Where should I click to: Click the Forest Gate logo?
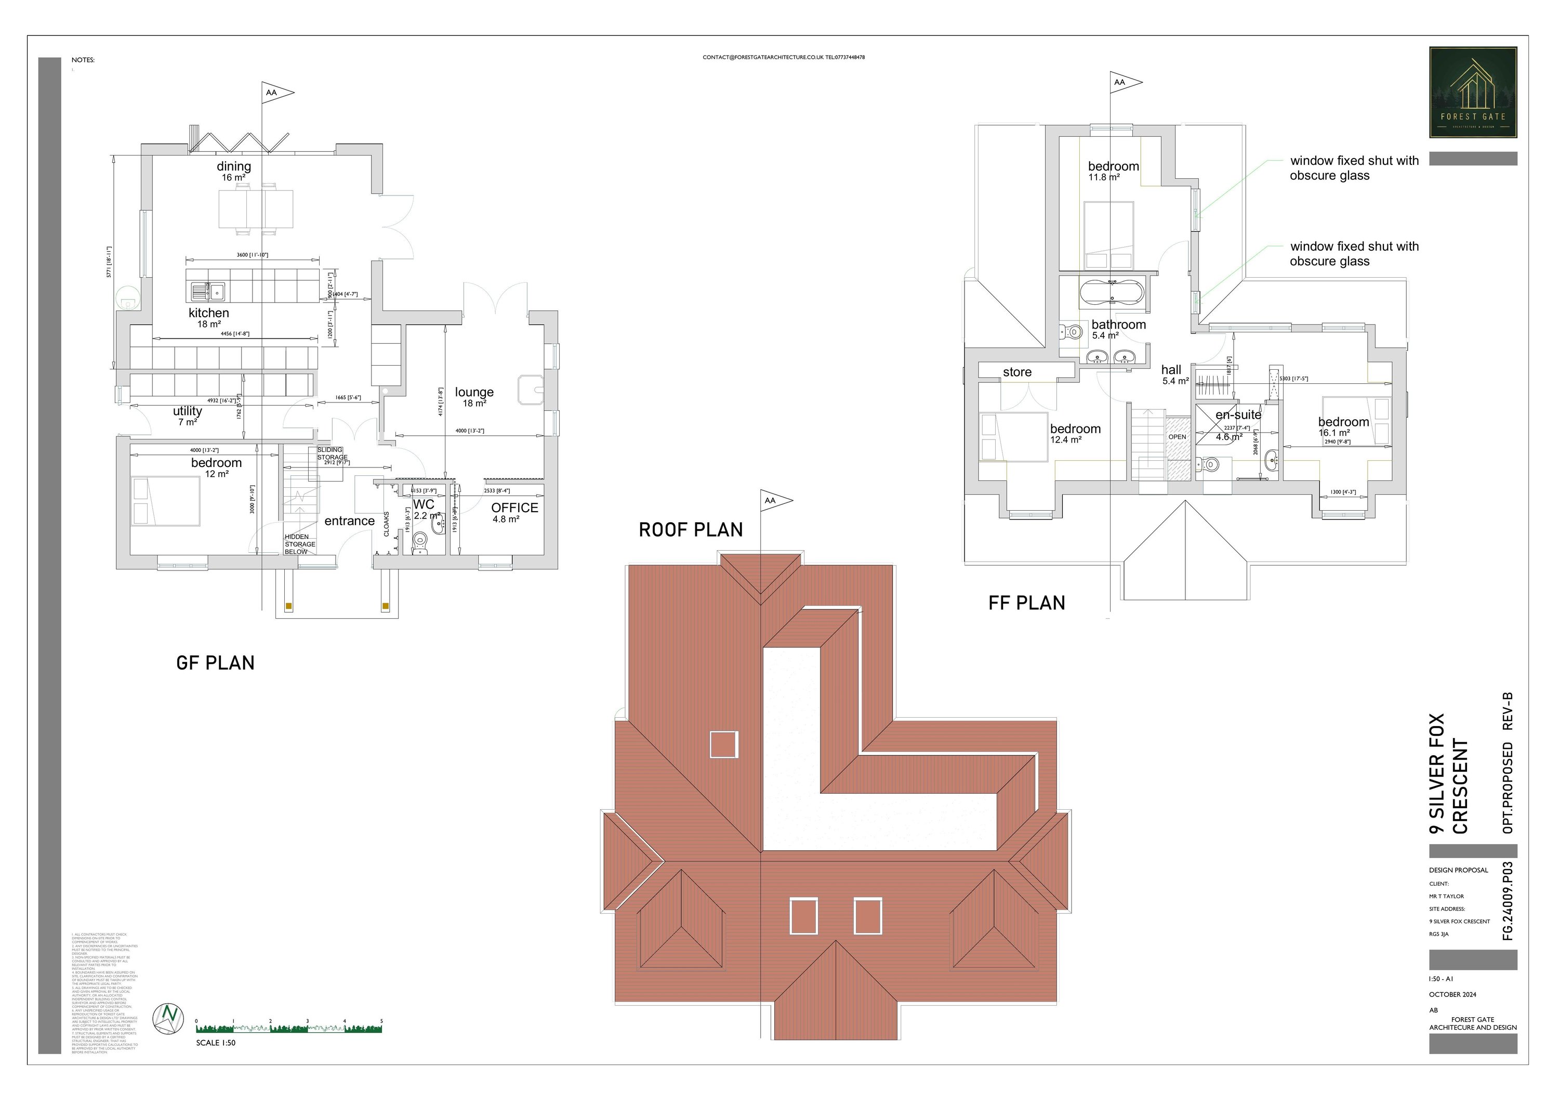click(1472, 93)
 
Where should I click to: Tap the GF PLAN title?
click(215, 663)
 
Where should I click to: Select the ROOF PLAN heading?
click(691, 530)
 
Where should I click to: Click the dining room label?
click(233, 166)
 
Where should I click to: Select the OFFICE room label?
click(514, 508)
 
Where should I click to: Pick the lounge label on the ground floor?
click(474, 392)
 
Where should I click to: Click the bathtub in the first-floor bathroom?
click(1112, 293)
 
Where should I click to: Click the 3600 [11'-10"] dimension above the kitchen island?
click(252, 255)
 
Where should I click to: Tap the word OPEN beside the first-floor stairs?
click(1177, 437)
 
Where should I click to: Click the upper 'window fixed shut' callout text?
click(1353, 168)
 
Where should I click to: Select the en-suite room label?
click(1238, 414)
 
